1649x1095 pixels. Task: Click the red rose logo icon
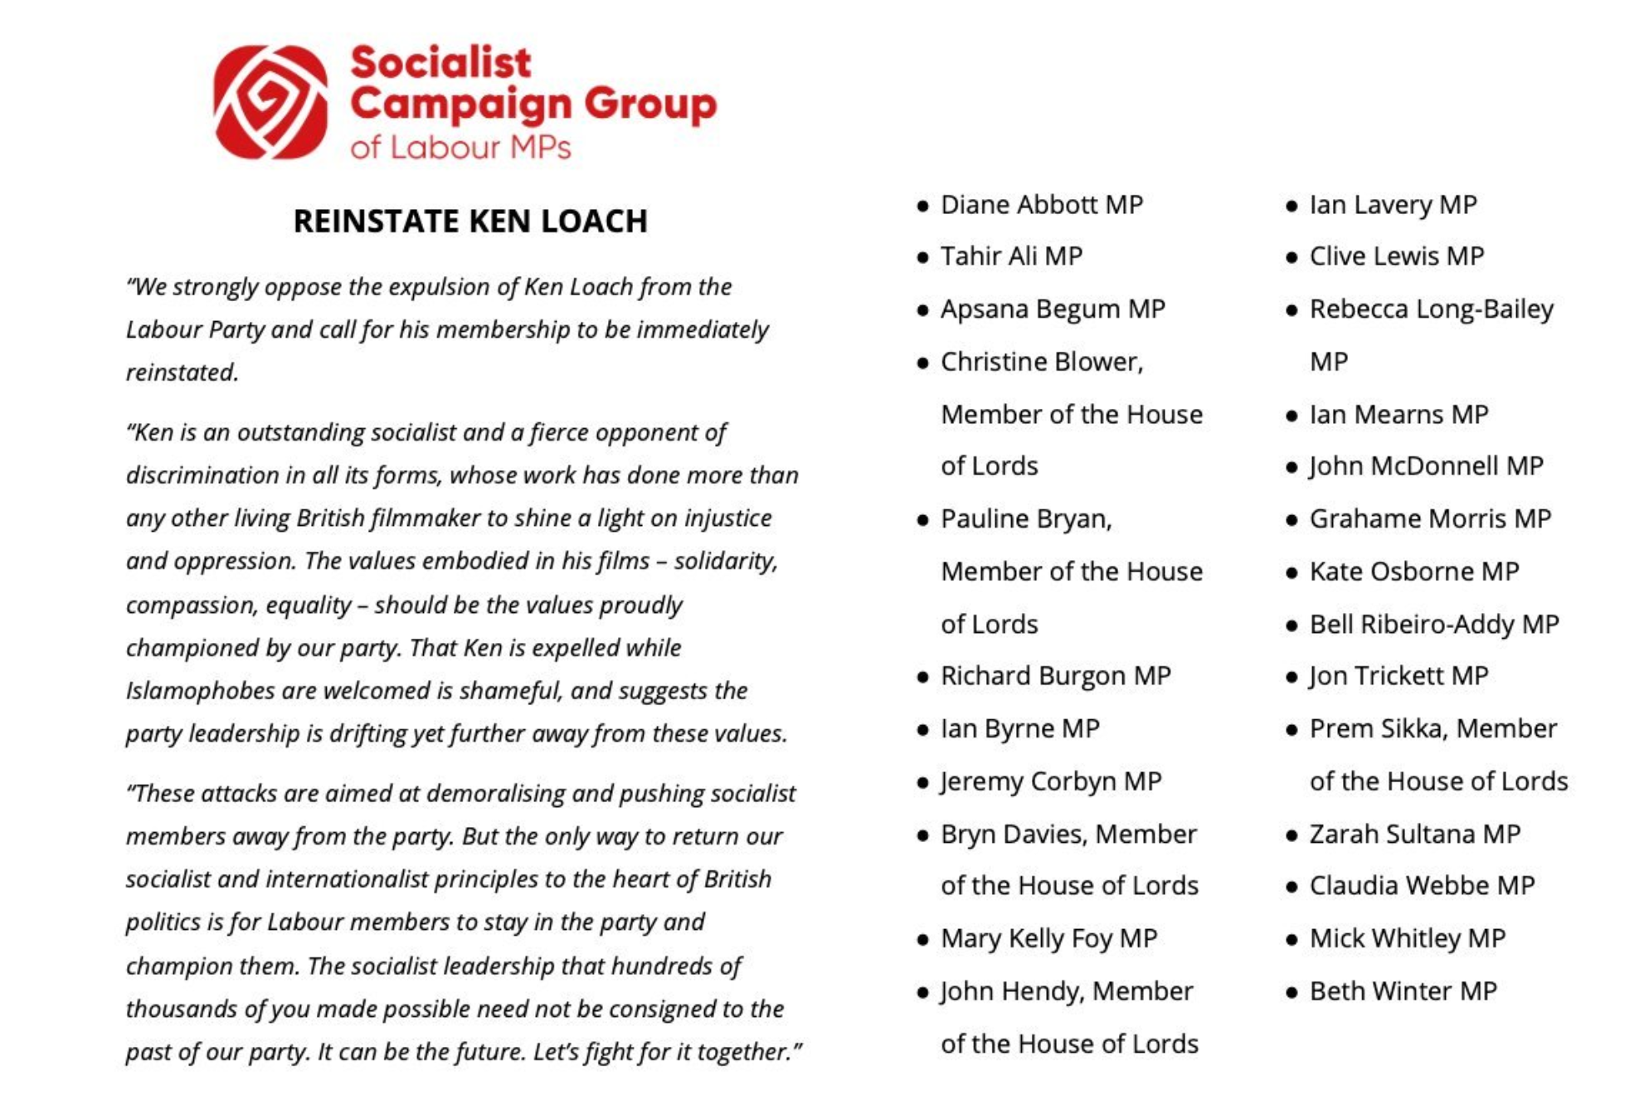[270, 101]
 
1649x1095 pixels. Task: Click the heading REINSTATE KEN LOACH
[470, 221]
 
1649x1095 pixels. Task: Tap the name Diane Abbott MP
[1041, 205]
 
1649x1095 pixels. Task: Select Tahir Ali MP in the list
[1011, 256]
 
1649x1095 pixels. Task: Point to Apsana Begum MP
[1053, 309]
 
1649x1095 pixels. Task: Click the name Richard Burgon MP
[1055, 676]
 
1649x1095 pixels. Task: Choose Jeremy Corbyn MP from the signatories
[1050, 781]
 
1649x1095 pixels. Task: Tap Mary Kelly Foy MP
[1048, 938]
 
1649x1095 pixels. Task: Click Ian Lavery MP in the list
[1393, 205]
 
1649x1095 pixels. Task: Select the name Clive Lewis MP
[1396, 256]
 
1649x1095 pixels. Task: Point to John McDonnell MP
[1426, 466]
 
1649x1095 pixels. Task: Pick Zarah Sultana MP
[1414, 834]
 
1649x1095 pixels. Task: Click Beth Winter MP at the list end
[1403, 991]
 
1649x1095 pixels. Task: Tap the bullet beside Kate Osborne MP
[1291, 572]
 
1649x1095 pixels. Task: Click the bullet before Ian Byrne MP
[922, 730]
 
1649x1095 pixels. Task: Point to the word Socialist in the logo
[440, 63]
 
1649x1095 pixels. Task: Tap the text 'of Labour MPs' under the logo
[460, 148]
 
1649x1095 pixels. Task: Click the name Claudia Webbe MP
[1422, 886]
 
